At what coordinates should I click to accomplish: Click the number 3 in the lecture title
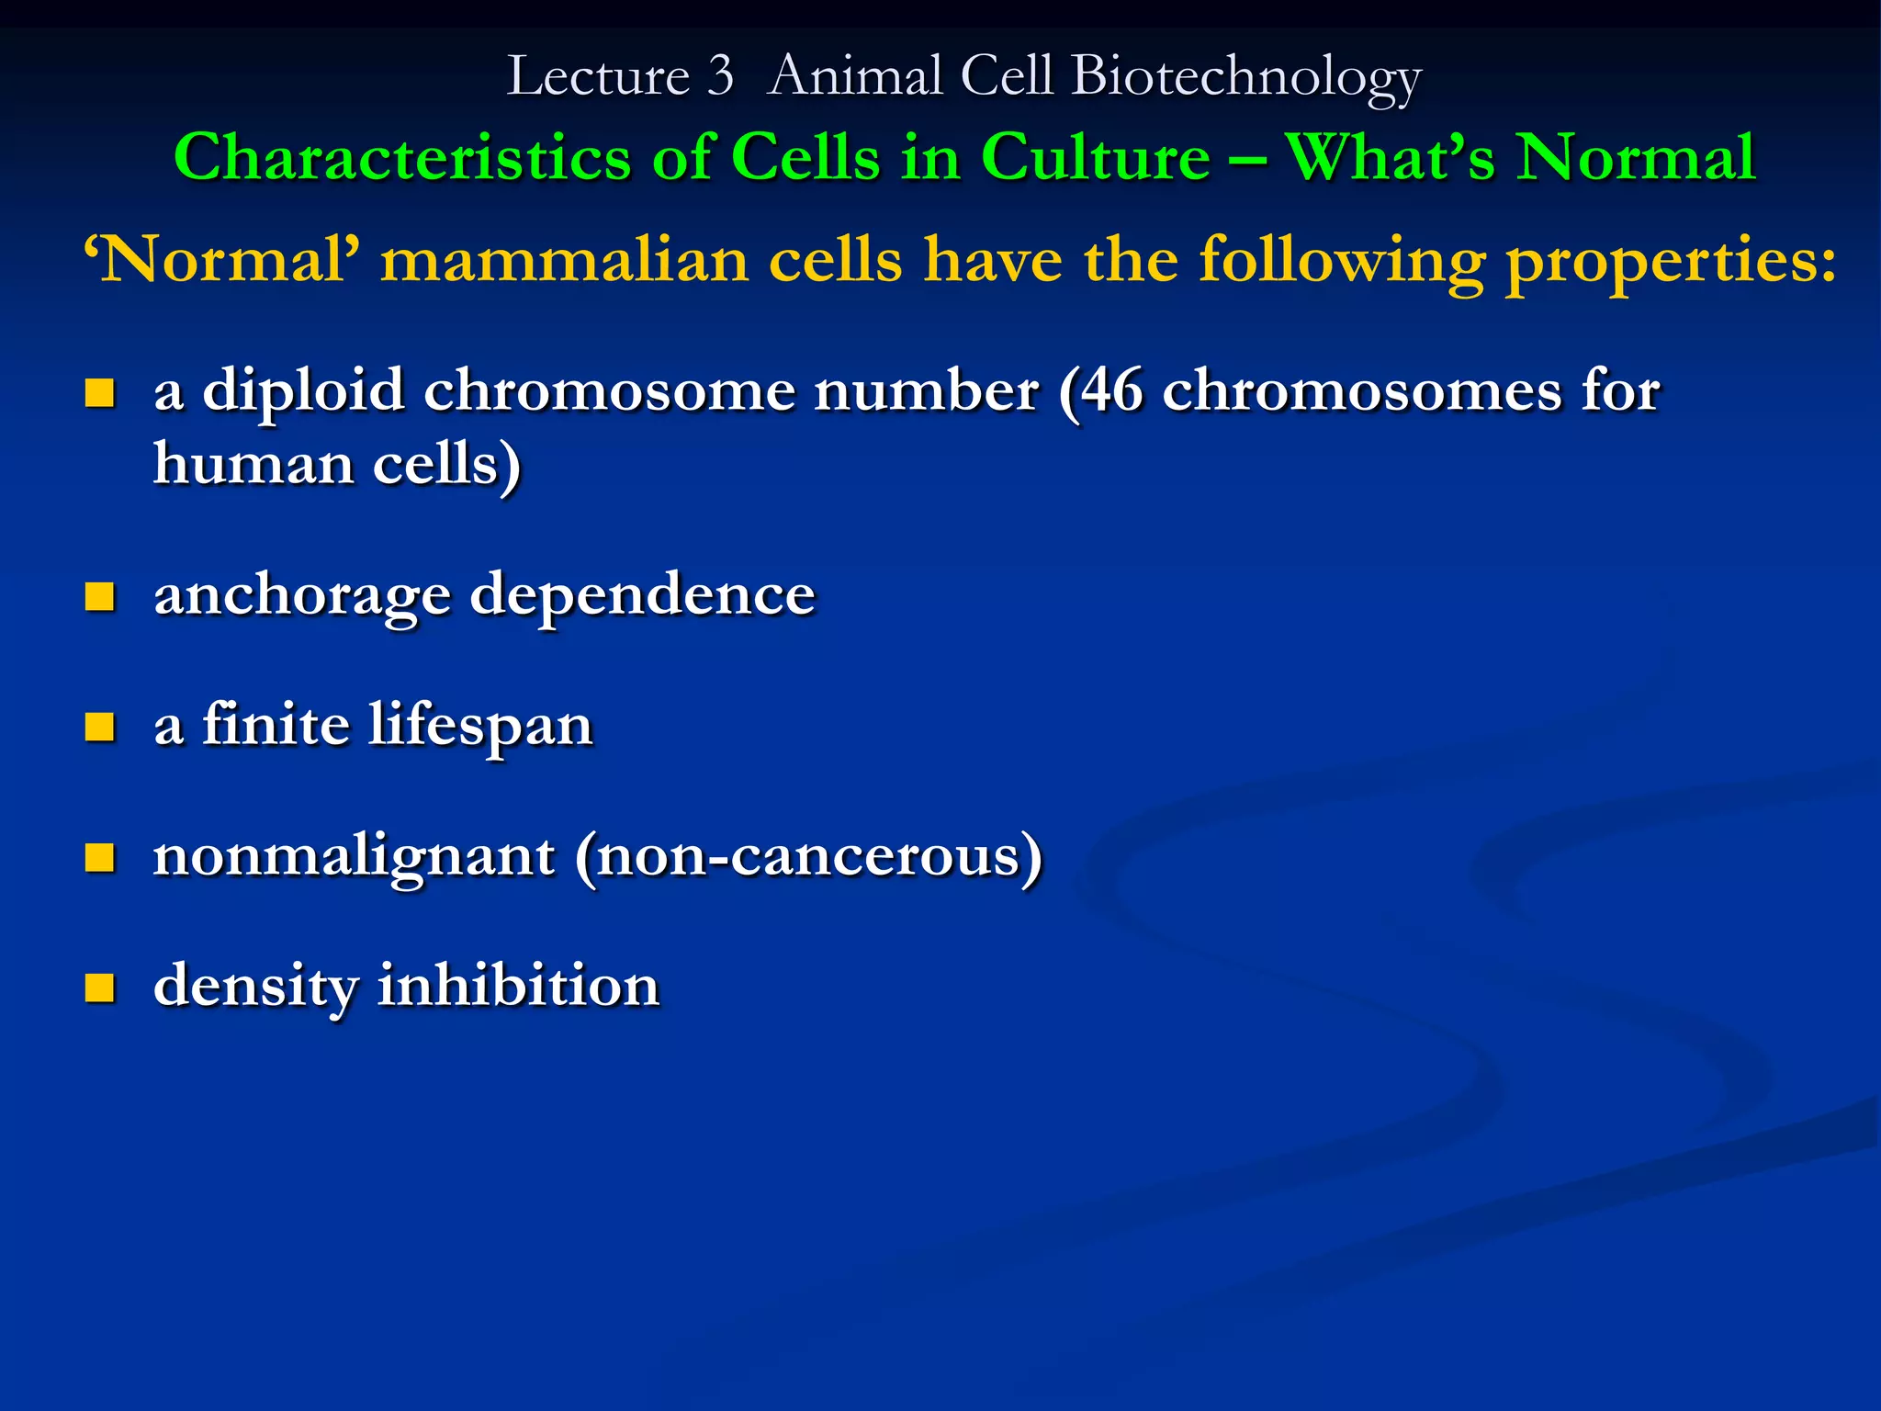point(720,75)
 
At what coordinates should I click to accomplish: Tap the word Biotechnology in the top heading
point(1246,77)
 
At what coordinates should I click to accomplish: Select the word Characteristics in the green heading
point(402,157)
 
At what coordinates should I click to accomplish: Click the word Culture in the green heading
point(1096,157)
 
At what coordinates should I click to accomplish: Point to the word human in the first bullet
point(253,463)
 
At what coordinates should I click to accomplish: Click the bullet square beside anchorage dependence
point(99,596)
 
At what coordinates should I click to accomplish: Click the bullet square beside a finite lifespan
point(99,727)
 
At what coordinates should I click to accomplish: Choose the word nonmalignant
point(354,857)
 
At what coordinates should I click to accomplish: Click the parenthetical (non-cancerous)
point(809,857)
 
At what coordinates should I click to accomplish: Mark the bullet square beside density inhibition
point(99,988)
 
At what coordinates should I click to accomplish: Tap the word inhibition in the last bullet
point(518,986)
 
